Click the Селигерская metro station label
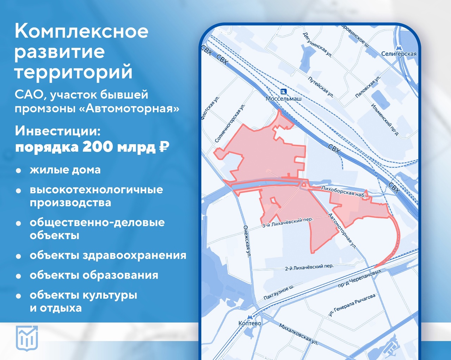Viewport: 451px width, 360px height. tap(399, 54)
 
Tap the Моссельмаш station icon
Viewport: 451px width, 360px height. tap(284, 92)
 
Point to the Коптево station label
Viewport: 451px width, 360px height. tap(250, 323)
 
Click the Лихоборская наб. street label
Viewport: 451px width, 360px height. tap(343, 191)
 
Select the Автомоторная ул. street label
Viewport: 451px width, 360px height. tap(342, 231)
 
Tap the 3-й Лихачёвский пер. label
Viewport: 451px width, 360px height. tap(287, 222)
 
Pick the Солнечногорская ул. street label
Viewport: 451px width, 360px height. tap(230, 123)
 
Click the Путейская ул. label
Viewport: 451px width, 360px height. tap(321, 86)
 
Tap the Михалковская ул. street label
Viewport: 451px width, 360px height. tap(298, 334)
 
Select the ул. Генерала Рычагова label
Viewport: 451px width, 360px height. tap(352, 305)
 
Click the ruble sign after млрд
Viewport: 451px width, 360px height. tap(164, 147)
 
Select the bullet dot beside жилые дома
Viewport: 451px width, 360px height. tap(18, 171)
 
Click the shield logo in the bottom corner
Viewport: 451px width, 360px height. tap(27, 338)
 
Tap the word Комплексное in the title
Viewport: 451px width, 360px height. tap(81, 31)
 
